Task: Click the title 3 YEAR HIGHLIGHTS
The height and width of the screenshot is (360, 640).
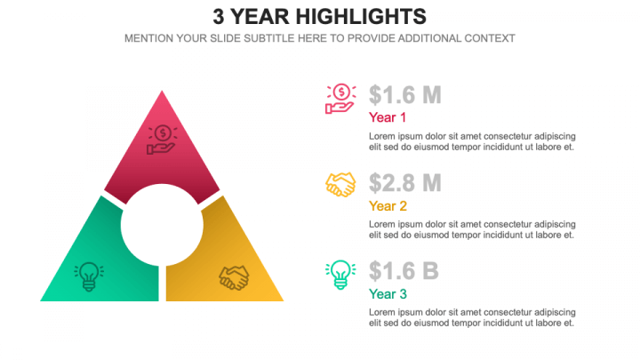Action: point(319,16)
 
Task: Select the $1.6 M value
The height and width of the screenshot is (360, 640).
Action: point(405,95)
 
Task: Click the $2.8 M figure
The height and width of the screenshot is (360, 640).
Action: point(405,183)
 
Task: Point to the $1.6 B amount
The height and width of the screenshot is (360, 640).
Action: point(404,271)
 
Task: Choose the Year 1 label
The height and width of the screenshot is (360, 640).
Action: point(388,117)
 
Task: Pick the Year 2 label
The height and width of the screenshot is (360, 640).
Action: point(388,205)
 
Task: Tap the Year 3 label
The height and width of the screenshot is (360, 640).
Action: point(388,294)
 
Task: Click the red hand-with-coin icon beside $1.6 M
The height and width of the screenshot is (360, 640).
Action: point(340,98)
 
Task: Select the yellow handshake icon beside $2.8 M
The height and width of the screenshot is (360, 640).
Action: point(340,185)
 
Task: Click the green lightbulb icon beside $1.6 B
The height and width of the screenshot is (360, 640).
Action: point(340,274)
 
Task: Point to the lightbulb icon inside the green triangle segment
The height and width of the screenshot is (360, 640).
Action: point(89,276)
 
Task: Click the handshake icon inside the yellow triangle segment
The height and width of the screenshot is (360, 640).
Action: point(235,277)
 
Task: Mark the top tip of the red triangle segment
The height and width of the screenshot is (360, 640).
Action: point(162,92)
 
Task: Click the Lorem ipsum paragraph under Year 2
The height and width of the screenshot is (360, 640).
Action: point(471,229)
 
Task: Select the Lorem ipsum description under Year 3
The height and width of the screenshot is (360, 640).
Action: point(471,317)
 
